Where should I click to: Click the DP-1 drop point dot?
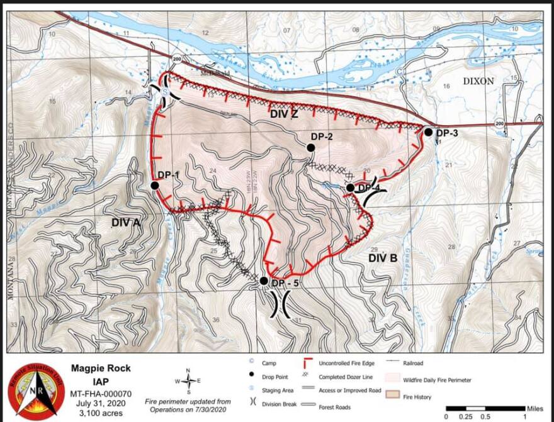(x=154, y=185)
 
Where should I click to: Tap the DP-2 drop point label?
(x=321, y=136)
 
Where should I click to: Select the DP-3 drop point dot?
(x=428, y=132)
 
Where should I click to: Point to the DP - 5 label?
(x=285, y=284)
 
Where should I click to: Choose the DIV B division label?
(x=383, y=258)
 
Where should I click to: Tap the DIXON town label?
(x=479, y=81)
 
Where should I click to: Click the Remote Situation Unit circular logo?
(x=36, y=391)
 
